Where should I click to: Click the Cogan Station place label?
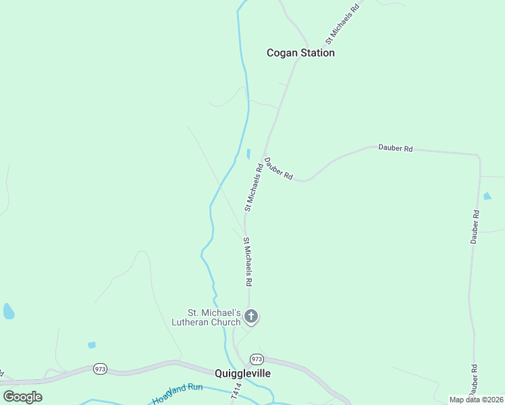click(300, 53)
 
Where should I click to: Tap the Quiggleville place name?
click(243, 373)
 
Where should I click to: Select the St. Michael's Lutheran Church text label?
click(214, 317)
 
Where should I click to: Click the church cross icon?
click(251, 316)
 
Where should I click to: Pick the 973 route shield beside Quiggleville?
click(256, 358)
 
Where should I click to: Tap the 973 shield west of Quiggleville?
click(100, 369)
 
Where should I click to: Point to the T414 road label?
click(236, 393)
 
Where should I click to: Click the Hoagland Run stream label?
click(178, 394)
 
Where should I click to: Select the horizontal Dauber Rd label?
click(395, 148)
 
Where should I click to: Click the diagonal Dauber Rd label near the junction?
click(278, 168)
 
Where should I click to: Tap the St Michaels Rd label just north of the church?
click(248, 261)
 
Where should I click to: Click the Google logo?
click(22, 397)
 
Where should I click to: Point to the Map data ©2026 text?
click(476, 400)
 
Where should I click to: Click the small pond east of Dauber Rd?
click(487, 196)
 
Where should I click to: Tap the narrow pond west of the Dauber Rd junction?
click(248, 153)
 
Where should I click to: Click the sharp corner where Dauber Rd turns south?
click(478, 157)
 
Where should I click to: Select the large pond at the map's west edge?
click(9, 311)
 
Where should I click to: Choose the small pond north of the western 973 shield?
click(92, 345)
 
